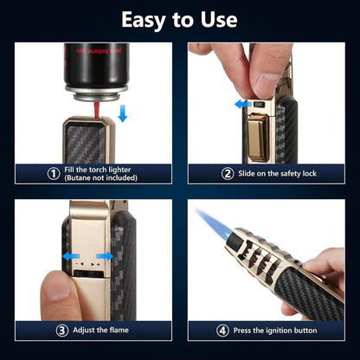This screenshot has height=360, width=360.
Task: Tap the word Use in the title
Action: (215, 19)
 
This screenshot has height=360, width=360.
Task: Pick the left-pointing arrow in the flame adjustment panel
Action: (66, 257)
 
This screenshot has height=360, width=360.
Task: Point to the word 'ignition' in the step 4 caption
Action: (274, 330)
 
